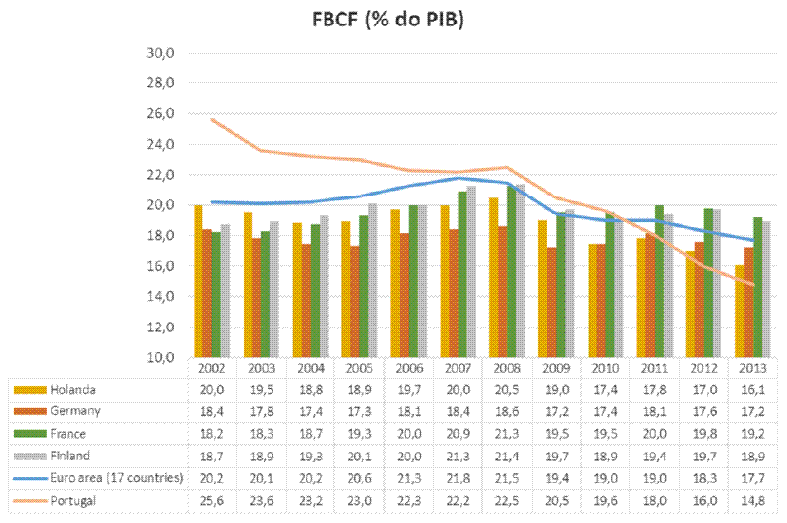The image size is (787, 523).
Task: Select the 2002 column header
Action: (x=210, y=367)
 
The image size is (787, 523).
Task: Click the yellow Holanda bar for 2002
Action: (x=198, y=282)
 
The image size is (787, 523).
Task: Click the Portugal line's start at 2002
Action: (x=211, y=119)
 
